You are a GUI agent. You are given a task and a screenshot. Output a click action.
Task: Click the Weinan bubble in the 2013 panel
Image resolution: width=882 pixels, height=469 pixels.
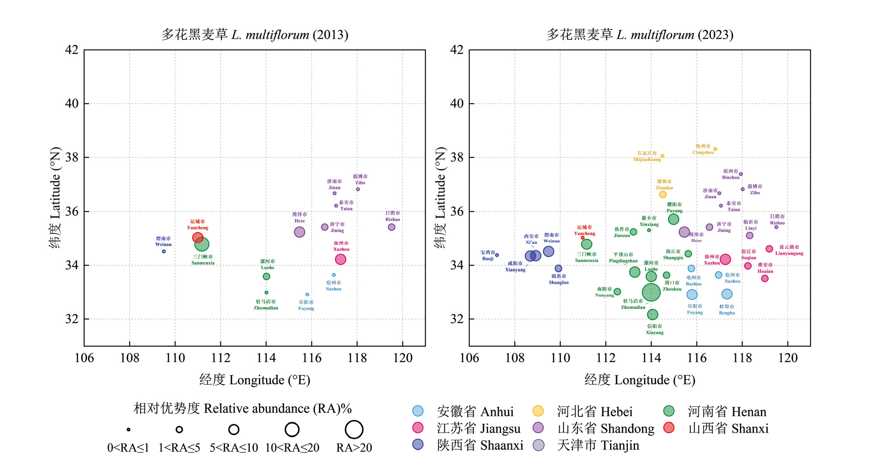click(x=164, y=251)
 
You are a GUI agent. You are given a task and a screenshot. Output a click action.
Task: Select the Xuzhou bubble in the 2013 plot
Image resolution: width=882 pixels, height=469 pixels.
click(x=340, y=259)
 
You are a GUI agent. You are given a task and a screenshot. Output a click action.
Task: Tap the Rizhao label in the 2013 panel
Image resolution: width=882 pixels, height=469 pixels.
click(x=392, y=216)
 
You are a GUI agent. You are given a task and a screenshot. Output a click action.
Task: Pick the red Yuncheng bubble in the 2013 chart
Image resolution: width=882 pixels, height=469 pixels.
click(x=198, y=238)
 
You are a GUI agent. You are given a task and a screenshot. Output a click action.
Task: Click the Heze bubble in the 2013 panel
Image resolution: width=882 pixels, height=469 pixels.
click(x=300, y=232)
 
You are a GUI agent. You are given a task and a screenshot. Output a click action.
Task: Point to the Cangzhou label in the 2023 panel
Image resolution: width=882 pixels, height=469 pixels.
click(x=703, y=149)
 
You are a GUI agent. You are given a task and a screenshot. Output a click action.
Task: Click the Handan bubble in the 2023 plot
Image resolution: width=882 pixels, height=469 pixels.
click(x=663, y=194)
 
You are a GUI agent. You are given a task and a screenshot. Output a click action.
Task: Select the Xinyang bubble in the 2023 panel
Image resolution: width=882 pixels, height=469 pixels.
click(x=652, y=314)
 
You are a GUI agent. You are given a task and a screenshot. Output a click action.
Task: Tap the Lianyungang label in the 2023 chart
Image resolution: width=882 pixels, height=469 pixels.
click(x=789, y=250)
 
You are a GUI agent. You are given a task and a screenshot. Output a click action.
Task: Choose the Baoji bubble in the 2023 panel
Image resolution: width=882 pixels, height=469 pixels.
click(x=497, y=255)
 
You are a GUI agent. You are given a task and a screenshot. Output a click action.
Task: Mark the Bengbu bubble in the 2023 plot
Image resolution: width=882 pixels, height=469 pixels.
click(x=727, y=294)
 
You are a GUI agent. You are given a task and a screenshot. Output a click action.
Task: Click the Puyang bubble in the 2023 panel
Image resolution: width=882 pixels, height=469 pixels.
click(x=673, y=219)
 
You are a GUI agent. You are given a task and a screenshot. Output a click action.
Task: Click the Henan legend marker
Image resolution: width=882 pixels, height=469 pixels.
click(x=669, y=411)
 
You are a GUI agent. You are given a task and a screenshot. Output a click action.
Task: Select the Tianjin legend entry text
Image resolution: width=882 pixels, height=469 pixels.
click(x=598, y=445)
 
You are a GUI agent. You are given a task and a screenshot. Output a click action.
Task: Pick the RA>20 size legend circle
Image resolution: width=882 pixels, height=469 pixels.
click(x=354, y=429)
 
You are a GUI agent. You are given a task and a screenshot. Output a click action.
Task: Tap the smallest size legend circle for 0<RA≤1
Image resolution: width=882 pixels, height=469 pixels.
click(x=128, y=429)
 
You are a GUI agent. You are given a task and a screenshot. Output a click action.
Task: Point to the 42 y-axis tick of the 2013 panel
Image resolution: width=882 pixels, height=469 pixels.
click(x=72, y=50)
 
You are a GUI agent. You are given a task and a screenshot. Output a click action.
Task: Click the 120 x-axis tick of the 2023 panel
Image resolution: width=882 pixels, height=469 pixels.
click(x=788, y=358)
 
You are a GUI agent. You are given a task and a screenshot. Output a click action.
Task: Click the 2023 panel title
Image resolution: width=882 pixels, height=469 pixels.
click(x=640, y=35)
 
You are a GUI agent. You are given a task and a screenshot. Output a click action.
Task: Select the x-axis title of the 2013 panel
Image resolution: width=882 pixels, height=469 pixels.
click(x=255, y=380)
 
